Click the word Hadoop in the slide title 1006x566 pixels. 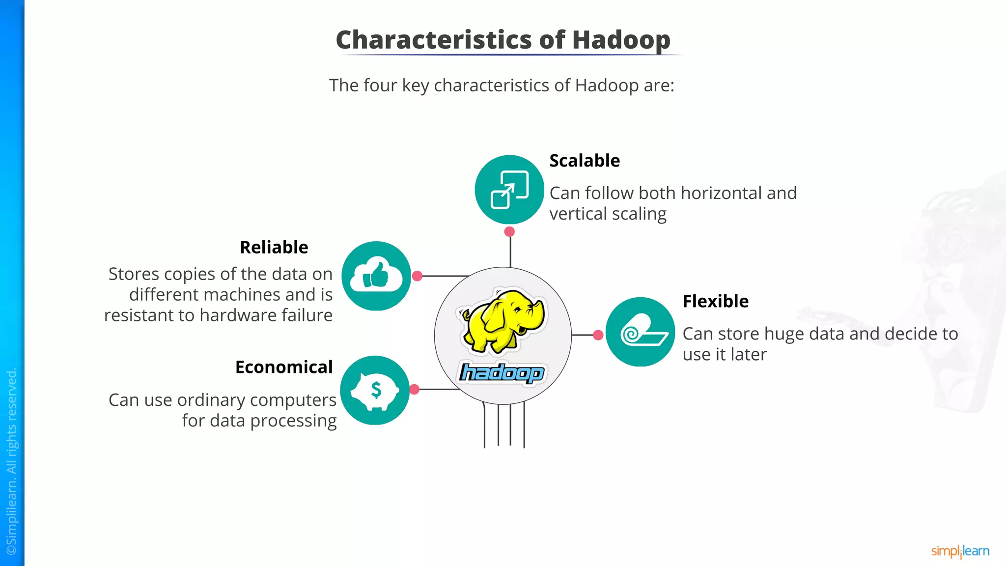click(621, 40)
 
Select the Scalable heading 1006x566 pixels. click(585, 161)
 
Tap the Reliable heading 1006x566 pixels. click(274, 247)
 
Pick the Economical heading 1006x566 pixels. click(283, 367)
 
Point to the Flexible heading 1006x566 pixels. click(715, 301)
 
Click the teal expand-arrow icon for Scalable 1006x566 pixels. click(509, 190)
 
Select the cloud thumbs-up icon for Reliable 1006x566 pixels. click(376, 276)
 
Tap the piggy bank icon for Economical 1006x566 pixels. click(375, 390)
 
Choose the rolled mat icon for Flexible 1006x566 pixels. click(640, 332)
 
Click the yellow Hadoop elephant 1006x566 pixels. click(502, 320)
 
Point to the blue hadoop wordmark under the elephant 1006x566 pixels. click(502, 373)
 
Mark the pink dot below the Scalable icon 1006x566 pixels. click(509, 231)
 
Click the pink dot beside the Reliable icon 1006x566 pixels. click(417, 276)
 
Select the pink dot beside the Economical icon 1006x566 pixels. click(415, 390)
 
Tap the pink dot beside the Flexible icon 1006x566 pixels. click(598, 335)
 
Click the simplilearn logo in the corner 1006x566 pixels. click(960, 551)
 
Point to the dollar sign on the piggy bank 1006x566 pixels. click(376, 390)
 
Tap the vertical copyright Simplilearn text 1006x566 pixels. click(12, 462)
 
